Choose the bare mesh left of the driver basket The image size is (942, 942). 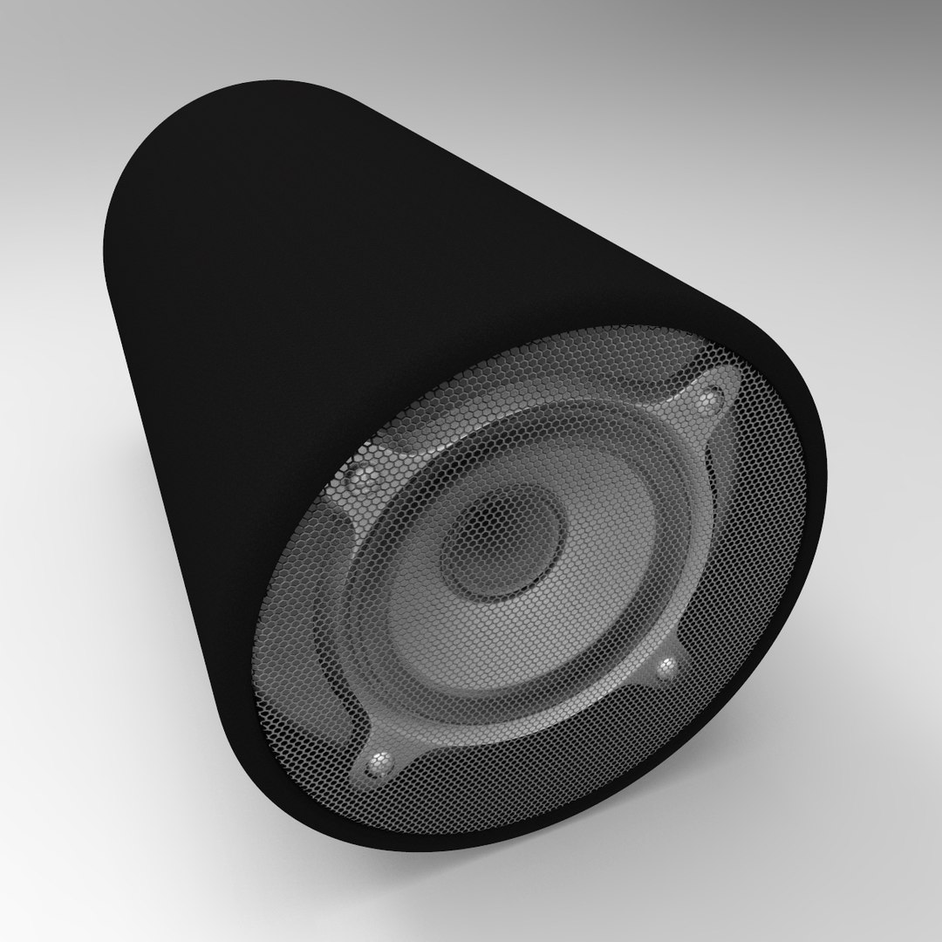288,628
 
